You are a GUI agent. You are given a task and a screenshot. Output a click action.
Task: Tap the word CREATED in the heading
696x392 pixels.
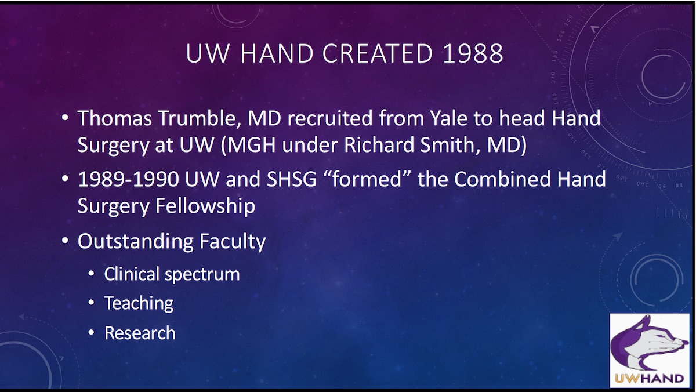[x=378, y=54]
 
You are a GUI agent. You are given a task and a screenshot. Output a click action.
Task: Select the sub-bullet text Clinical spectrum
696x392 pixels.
[x=172, y=274]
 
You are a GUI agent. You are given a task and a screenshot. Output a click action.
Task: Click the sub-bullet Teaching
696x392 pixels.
[x=139, y=303]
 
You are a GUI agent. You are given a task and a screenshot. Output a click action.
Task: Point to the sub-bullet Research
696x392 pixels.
[x=140, y=333]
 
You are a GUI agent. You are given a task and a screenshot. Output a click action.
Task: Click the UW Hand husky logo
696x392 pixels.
[x=649, y=350]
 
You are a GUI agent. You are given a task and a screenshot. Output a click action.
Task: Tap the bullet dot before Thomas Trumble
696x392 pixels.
[x=66, y=119]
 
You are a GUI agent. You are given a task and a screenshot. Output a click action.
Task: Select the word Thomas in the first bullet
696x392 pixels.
[x=110, y=118]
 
